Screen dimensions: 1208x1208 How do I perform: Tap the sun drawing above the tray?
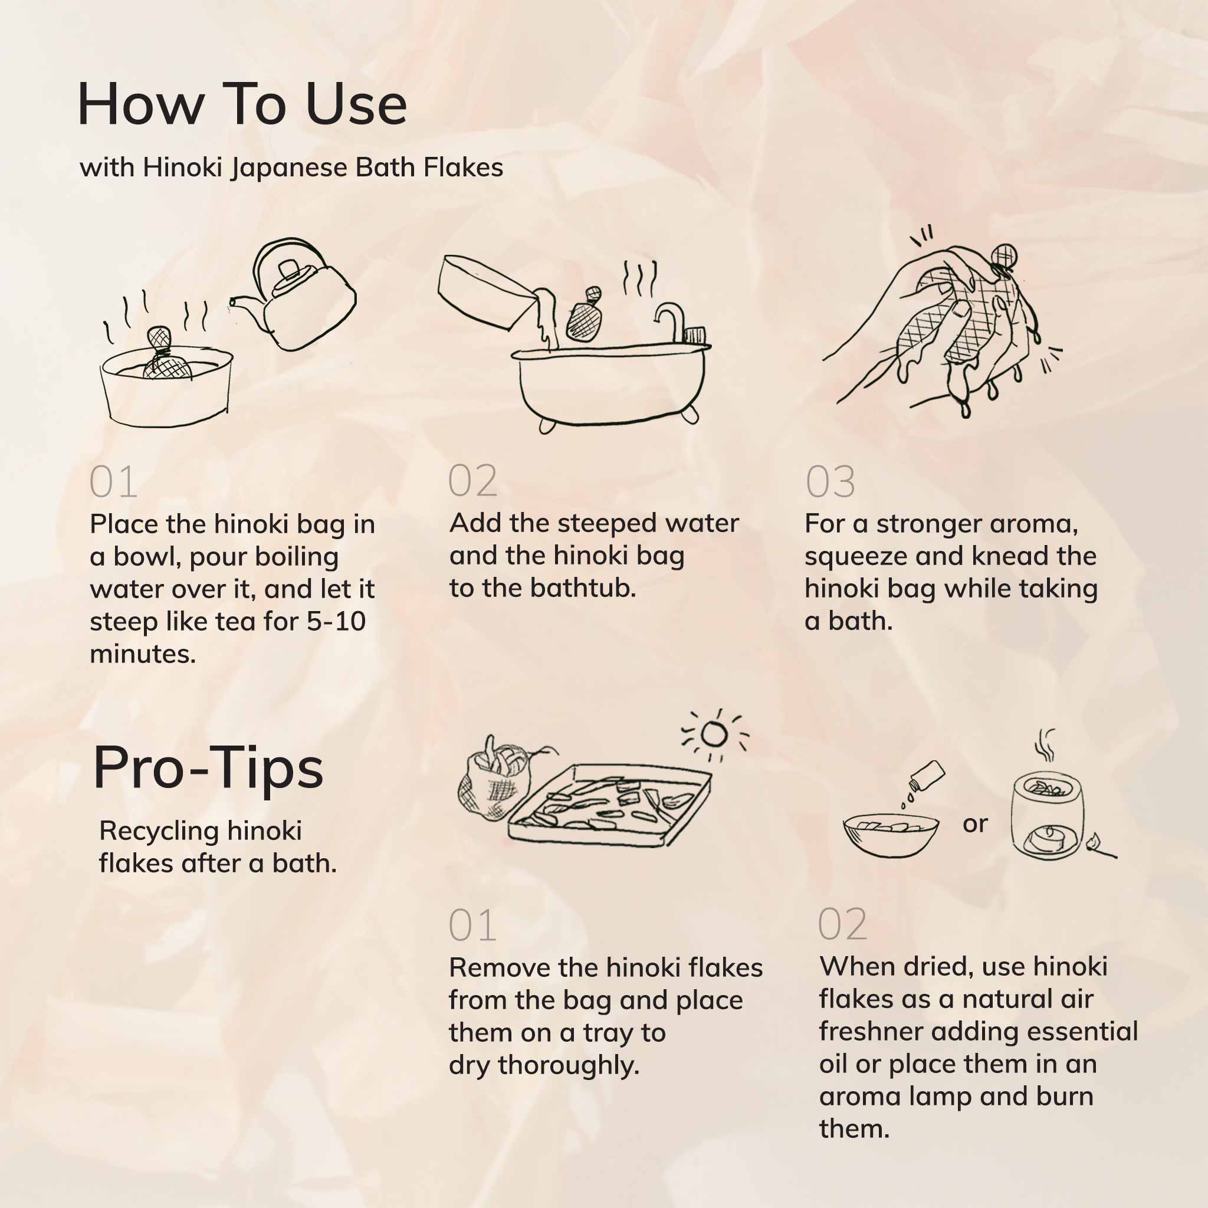[x=714, y=735]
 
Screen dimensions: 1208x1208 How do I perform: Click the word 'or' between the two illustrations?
[x=975, y=825]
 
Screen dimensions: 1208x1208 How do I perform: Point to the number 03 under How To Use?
[x=830, y=482]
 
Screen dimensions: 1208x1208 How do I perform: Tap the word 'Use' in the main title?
[x=357, y=104]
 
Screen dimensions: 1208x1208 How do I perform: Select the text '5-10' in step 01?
[x=336, y=622]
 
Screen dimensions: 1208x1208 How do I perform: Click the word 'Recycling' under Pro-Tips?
[x=158, y=832]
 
